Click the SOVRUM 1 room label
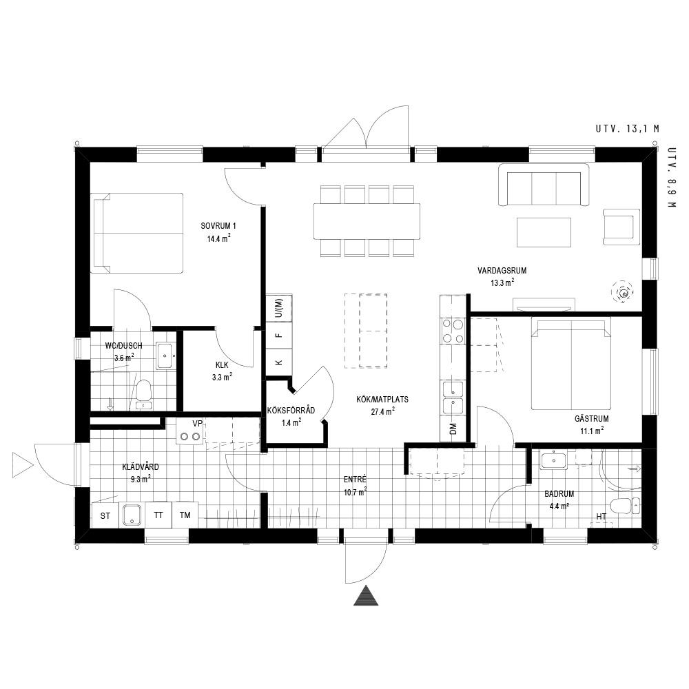point(218,226)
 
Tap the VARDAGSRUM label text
point(502,271)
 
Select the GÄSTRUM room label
point(591,419)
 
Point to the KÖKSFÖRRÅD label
point(291,411)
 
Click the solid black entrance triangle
point(366,595)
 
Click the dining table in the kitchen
point(367,221)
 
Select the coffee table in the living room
point(544,232)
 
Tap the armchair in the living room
point(621,227)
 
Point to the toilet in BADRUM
point(625,506)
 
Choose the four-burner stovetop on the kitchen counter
point(453,331)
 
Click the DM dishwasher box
point(453,429)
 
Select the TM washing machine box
point(185,515)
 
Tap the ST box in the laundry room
point(105,515)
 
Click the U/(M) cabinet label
point(278,308)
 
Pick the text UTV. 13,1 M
point(628,129)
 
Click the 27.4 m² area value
point(382,412)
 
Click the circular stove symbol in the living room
point(623,291)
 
